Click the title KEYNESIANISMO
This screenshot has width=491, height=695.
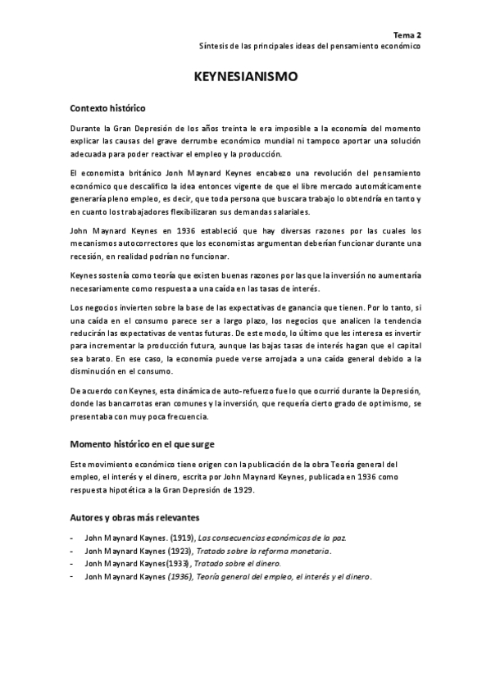click(245, 76)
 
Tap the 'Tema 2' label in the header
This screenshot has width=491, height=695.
click(407, 35)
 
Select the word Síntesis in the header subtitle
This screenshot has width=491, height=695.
click(216, 47)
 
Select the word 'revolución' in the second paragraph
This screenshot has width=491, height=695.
click(322, 174)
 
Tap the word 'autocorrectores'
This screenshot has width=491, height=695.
click(146, 244)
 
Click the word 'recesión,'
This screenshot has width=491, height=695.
click(88, 257)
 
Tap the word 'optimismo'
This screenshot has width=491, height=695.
click(389, 405)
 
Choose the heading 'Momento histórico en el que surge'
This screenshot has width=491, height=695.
click(141, 444)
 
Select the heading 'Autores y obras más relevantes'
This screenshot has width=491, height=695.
click(134, 518)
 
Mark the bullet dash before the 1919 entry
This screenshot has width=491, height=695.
click(72, 538)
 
